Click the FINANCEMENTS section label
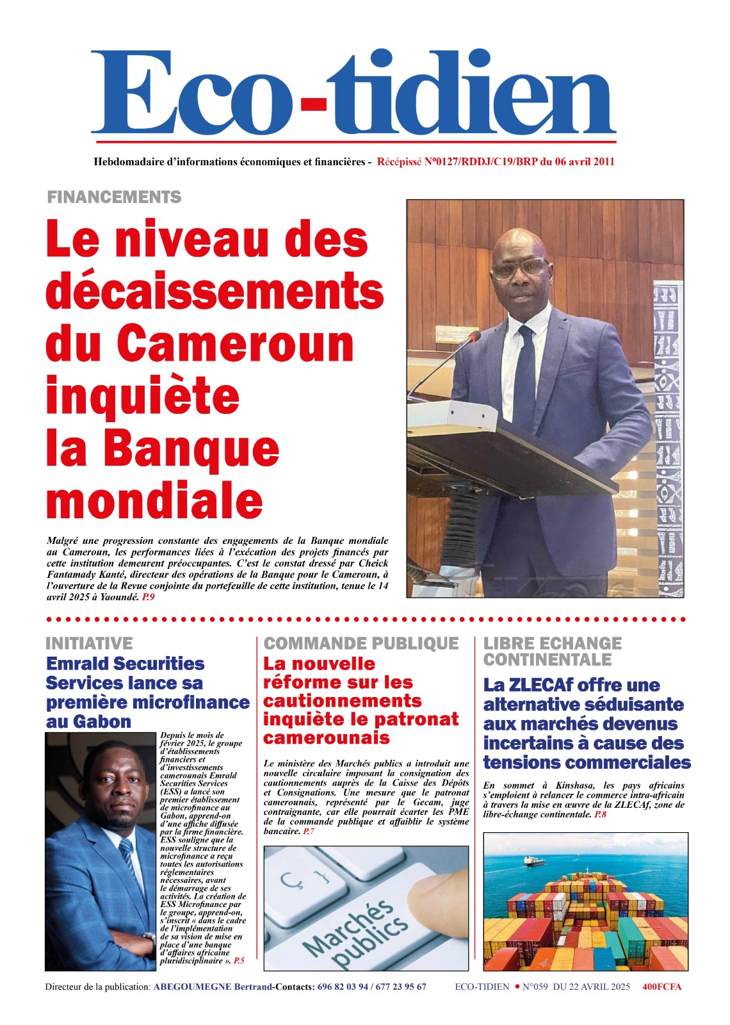point(114,197)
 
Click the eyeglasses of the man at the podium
point(520,267)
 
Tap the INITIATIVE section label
point(89,643)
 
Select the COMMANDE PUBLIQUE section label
point(361,643)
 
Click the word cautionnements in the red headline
point(342,701)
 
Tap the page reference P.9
point(149,597)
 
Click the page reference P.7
point(309,831)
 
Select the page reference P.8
point(600,814)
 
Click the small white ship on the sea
point(535,861)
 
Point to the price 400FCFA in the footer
point(661,987)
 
